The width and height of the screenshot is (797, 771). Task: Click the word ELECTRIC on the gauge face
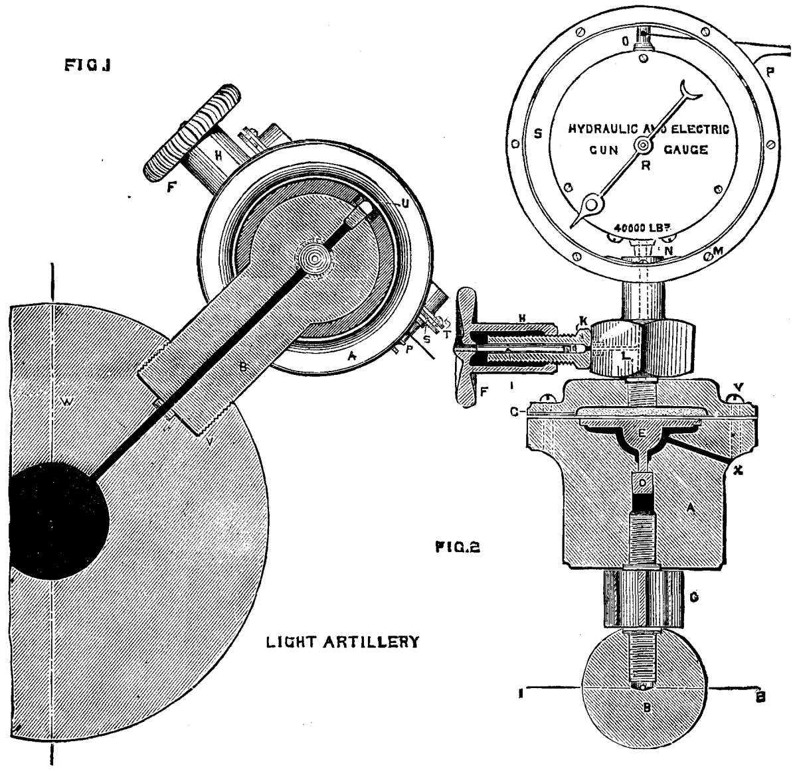coord(701,129)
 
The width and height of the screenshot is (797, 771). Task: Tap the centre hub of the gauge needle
coord(643,146)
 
